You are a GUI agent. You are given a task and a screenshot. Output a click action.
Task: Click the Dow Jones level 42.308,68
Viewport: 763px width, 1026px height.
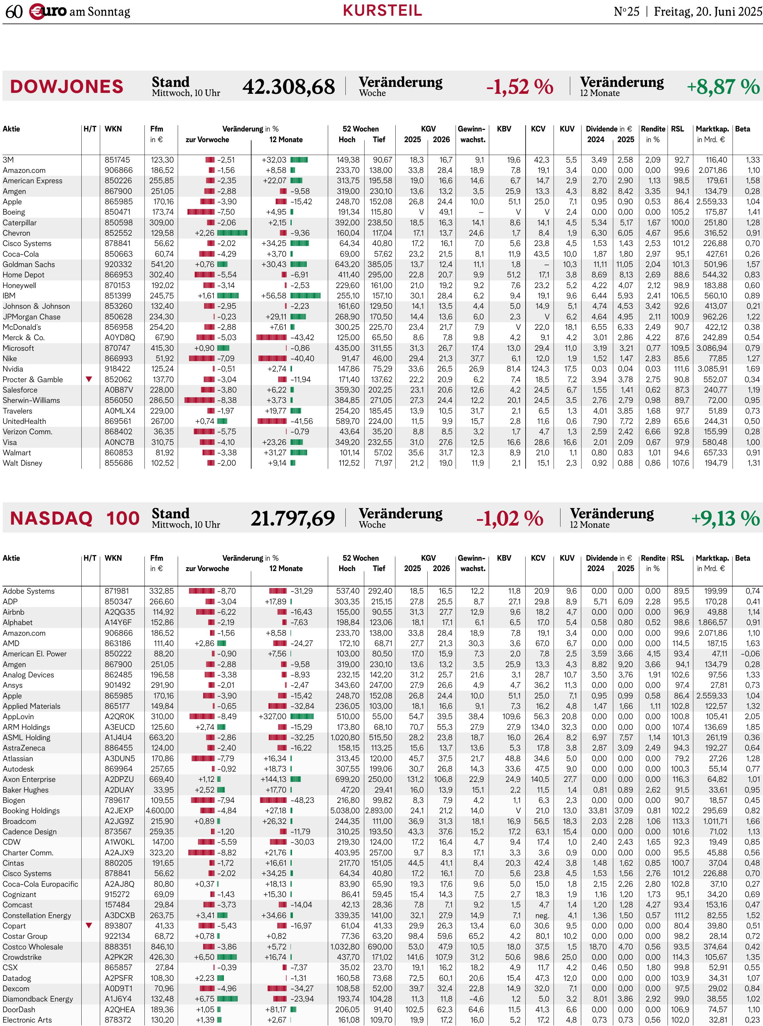[289, 87]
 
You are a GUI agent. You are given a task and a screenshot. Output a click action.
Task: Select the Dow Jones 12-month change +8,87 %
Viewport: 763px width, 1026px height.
[723, 87]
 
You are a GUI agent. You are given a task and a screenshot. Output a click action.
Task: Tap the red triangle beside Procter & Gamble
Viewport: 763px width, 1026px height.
[89, 379]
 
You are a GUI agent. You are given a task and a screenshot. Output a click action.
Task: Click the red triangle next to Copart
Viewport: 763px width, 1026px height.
[89, 925]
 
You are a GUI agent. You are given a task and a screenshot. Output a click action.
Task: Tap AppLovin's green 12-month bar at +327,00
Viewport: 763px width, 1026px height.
[302, 717]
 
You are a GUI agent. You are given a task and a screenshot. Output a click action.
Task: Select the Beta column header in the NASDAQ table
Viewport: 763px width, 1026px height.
[742, 558]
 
